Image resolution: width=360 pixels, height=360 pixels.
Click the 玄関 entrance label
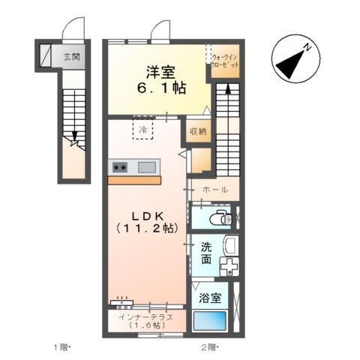click(71, 57)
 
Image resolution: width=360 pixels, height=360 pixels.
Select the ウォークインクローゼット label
click(226, 61)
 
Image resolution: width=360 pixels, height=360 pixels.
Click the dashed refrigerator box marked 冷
click(142, 130)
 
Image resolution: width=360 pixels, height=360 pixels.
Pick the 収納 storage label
click(198, 132)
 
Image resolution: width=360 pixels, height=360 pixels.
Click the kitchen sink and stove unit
click(134, 166)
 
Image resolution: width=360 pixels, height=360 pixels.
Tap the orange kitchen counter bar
click(134, 180)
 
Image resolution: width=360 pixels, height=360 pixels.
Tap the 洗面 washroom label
click(205, 254)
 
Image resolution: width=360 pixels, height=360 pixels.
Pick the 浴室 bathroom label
click(209, 298)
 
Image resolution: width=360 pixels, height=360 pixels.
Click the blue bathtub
click(210, 321)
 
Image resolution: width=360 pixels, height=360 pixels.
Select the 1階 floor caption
click(61, 346)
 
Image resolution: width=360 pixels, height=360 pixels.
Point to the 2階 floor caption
click(209, 346)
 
